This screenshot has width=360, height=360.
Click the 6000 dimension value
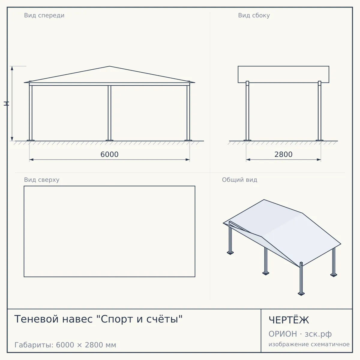coord(109,154)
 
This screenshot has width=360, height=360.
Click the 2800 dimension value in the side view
coord(283,154)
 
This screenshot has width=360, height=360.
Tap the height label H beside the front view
coord(6,103)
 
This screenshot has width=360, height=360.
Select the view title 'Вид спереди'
coord(44,15)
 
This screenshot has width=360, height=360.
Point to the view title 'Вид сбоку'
coord(254,15)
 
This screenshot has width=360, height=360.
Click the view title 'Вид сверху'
coord(42,180)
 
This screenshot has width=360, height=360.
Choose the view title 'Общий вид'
coord(239,180)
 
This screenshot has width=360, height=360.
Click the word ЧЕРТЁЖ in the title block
coord(289,320)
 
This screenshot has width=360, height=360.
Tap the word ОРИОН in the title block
coord(283,334)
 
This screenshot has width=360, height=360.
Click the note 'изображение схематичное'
coord(309,344)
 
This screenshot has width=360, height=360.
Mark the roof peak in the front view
coord(109,66)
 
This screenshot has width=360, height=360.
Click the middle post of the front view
coord(109,113)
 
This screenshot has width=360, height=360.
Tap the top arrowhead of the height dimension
coord(12,68)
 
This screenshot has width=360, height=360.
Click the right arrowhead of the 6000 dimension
coord(187,160)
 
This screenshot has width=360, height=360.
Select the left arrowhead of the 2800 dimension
coord(248,160)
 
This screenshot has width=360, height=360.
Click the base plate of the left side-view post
coord(247,140)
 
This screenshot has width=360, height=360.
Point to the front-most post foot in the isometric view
coord(301,294)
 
